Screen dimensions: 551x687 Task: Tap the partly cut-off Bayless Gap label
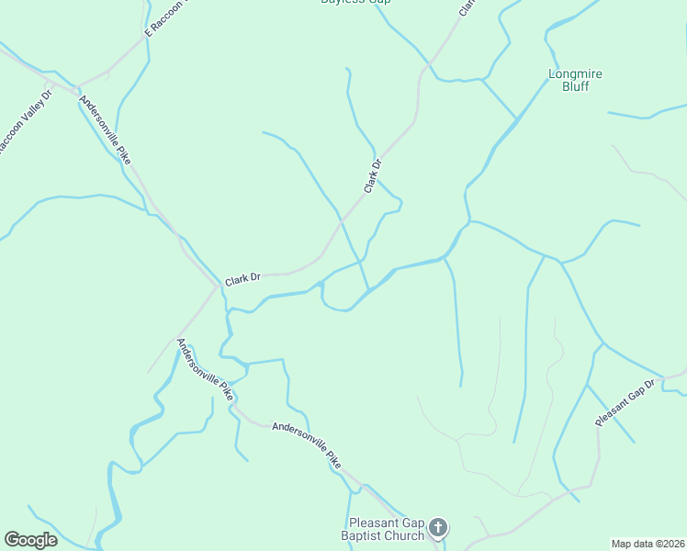(x=355, y=3)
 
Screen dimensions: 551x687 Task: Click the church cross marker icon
(x=438, y=528)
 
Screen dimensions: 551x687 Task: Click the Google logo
(x=30, y=539)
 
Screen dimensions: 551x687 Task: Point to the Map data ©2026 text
(x=648, y=544)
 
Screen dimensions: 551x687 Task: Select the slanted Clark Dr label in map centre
(x=372, y=176)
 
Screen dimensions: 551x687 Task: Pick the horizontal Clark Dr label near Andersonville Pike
(x=242, y=276)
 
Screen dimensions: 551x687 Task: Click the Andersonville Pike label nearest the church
(x=307, y=446)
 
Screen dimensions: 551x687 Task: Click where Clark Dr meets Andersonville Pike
(x=219, y=286)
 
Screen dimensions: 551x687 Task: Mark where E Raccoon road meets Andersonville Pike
(x=77, y=87)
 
